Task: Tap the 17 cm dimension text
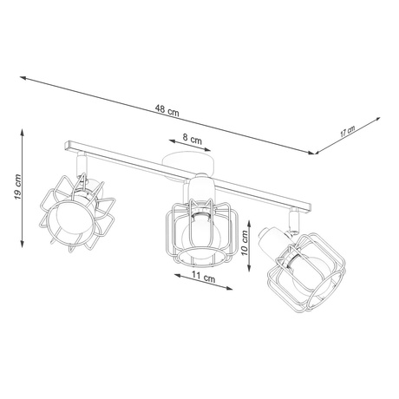[x=347, y=133]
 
